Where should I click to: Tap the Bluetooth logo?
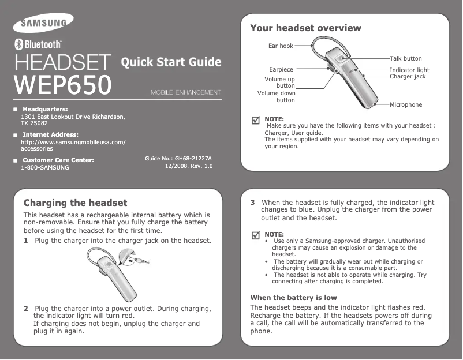(38, 44)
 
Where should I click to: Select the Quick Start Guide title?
(171, 62)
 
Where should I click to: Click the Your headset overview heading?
(305, 28)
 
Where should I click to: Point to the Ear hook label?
(281, 45)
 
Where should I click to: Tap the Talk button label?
(405, 59)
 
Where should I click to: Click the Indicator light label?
(409, 70)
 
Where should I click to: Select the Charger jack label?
(408, 76)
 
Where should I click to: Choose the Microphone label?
(406, 105)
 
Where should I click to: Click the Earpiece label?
(281, 69)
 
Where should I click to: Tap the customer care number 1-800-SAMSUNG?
(44, 167)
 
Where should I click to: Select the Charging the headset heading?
(75, 203)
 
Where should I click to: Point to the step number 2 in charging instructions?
(26, 309)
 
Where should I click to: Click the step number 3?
(252, 202)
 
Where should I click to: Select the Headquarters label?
(44, 109)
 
